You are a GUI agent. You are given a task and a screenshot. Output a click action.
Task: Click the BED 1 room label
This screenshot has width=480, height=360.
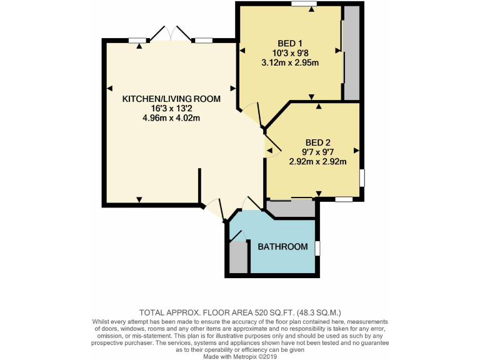[x=290, y=43]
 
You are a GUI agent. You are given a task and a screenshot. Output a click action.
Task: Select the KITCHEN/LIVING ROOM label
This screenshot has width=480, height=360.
[x=171, y=99]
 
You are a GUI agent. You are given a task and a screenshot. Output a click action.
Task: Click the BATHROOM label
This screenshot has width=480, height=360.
[x=283, y=247]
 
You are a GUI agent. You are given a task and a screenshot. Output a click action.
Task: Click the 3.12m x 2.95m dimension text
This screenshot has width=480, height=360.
[x=290, y=62]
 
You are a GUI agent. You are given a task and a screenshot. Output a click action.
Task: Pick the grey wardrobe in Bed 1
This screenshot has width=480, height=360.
[x=351, y=53]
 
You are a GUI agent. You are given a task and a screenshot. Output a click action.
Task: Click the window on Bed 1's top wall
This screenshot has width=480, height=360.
[x=303, y=4]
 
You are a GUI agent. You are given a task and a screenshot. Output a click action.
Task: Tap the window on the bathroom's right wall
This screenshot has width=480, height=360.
[x=317, y=248]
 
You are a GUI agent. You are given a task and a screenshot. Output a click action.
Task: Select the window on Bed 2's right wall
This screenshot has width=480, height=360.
[x=362, y=177]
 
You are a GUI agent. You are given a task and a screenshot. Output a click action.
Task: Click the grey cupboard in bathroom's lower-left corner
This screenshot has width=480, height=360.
[x=238, y=257]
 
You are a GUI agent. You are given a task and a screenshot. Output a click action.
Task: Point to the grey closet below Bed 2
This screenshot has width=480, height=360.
[x=291, y=209]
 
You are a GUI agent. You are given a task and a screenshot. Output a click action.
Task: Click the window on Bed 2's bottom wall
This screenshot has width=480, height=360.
[x=343, y=199]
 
